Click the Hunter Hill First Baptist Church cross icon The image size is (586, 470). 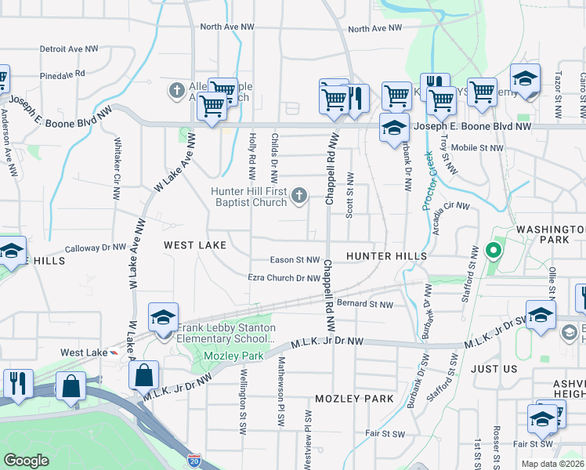coord(298,196)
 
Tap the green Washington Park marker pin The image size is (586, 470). coord(493,251)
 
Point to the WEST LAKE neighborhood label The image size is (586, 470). coord(195,245)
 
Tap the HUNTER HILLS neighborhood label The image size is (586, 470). coord(386,256)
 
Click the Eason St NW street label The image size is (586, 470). coord(295,259)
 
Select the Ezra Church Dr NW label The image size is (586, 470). coord(283,278)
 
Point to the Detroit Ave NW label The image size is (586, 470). coord(69,49)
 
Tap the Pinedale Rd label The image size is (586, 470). coord(63,74)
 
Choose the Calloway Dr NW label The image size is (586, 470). coord(96,247)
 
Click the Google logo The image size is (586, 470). coord(26,461)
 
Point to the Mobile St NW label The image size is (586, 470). coord(477,147)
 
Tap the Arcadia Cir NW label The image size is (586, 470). coord(450,208)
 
